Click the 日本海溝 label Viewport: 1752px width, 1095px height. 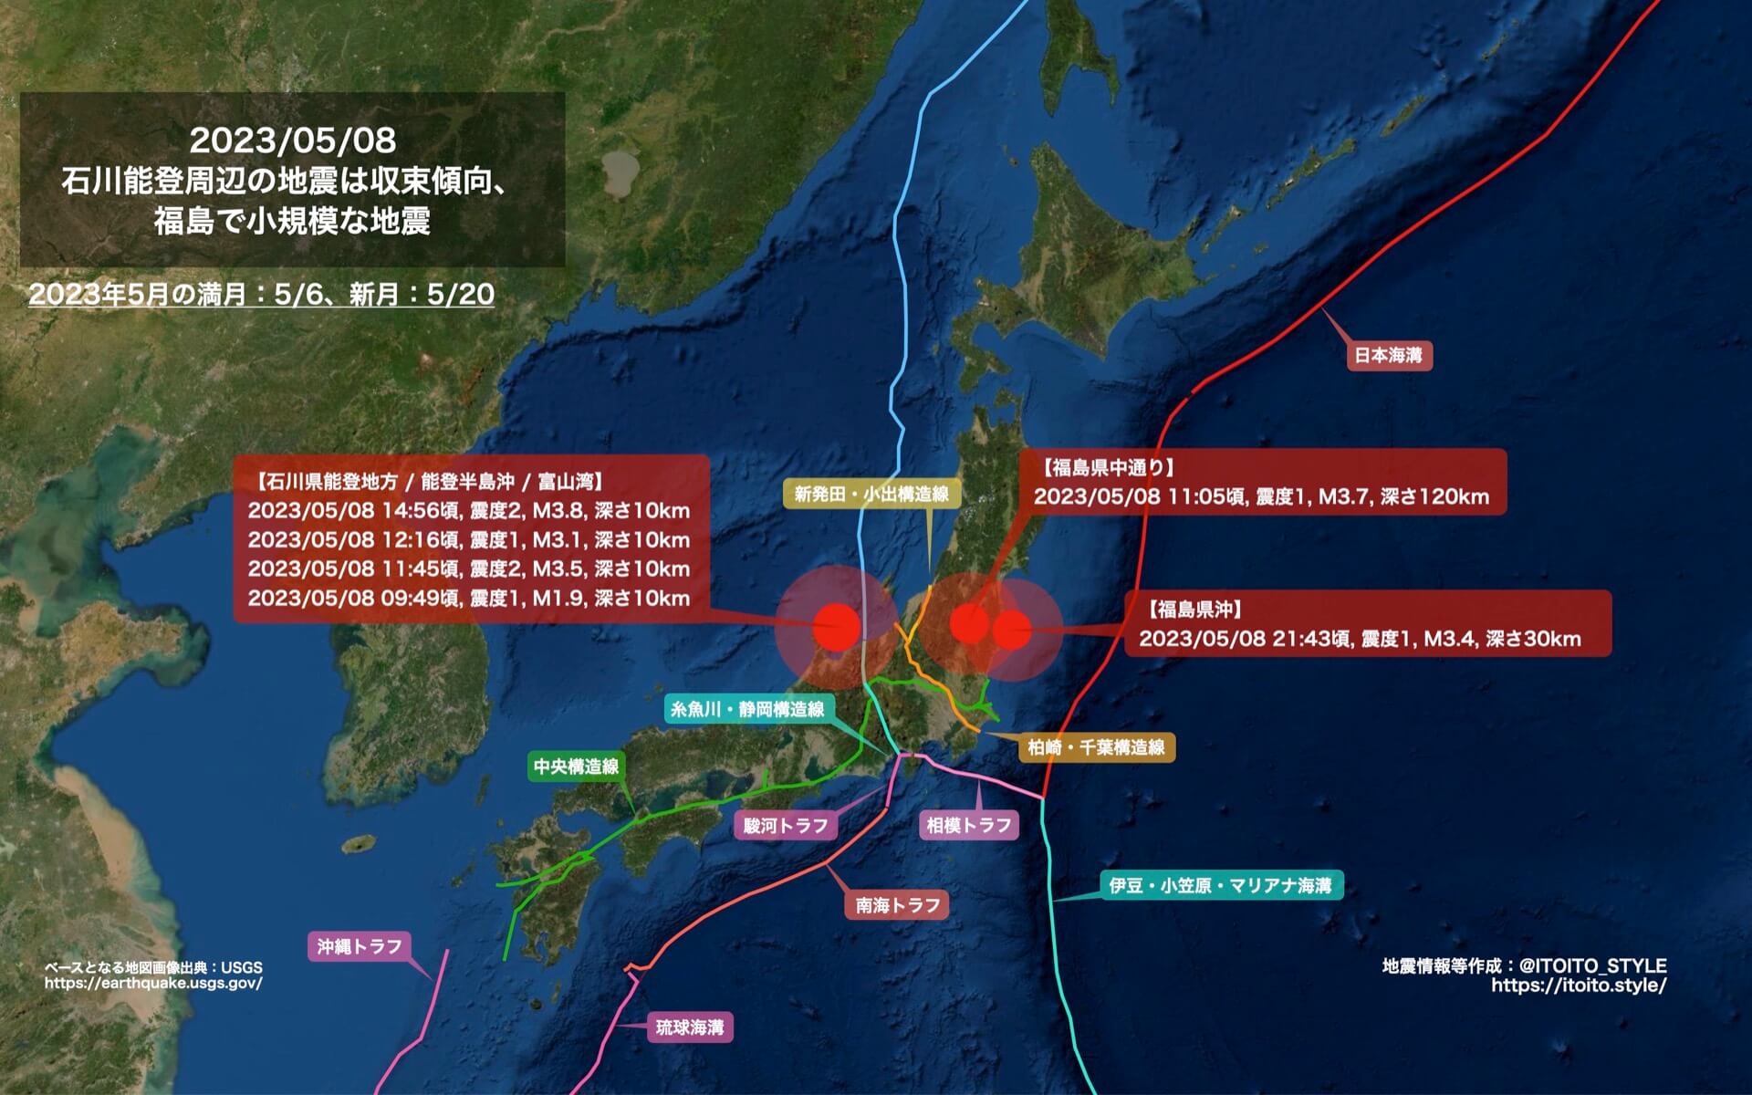coord(1389,355)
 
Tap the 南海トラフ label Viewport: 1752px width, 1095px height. coord(897,905)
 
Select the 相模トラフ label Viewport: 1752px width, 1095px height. coord(968,826)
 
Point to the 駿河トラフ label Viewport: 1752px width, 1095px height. coord(786,826)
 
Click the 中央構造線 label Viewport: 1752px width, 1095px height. coord(576,766)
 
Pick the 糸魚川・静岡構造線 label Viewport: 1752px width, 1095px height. coord(746,709)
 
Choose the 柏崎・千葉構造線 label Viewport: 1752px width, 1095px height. coord(1096,747)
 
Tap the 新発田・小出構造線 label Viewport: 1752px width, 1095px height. coord(871,495)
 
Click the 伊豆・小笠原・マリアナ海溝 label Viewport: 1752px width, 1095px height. coord(1220,885)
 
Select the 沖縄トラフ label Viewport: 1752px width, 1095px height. coord(360,946)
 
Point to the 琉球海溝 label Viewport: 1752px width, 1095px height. coord(690,1027)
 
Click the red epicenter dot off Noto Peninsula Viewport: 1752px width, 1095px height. coord(837,626)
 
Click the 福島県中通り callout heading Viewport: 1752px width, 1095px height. coord(1108,468)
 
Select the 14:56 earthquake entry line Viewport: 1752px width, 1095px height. coord(468,511)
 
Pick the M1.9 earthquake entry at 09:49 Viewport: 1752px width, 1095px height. coord(468,599)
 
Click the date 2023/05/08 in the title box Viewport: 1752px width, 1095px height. coord(293,140)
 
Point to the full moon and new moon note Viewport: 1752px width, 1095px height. coord(262,295)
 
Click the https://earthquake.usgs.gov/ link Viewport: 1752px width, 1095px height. coord(153,984)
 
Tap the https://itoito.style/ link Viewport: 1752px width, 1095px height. coord(1579,985)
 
